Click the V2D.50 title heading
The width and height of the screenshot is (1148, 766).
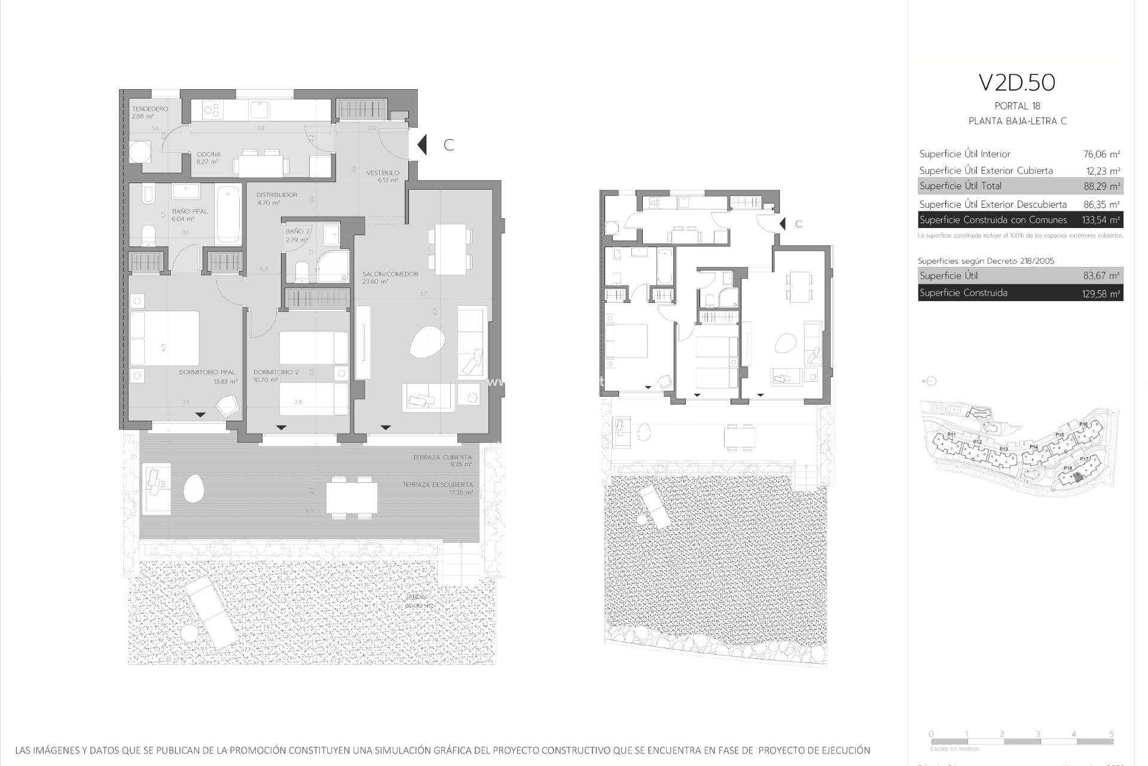[x=1016, y=83]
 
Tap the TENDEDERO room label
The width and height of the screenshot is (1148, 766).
[x=149, y=109]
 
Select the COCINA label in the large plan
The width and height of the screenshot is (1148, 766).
[x=209, y=154]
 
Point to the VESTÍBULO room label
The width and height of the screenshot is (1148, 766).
[x=383, y=173]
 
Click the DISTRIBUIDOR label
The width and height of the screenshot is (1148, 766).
[x=277, y=195]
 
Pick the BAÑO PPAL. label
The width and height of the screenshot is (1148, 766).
[x=190, y=211]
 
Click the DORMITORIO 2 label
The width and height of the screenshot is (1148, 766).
[x=276, y=372]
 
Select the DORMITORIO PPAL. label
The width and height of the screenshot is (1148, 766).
[x=208, y=372]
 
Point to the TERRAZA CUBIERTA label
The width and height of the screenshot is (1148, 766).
[x=442, y=457]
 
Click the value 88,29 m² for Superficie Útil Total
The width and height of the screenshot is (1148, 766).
[x=1101, y=186]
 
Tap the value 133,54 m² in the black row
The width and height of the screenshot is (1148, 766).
[x=1100, y=220]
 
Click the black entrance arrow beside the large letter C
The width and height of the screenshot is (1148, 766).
[x=422, y=145]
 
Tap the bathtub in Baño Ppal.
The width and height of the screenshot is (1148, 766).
[x=228, y=215]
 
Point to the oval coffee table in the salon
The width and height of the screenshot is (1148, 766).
[x=427, y=343]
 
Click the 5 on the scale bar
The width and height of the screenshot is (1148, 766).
[x=1111, y=734]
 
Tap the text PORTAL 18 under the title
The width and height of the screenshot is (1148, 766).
[x=1017, y=107]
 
